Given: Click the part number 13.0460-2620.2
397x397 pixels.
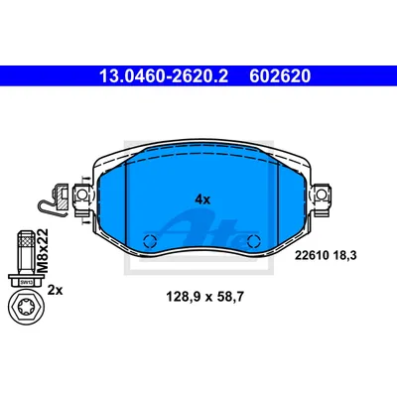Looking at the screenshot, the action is coord(164,76).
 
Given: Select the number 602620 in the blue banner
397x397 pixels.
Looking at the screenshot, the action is coord(280,76).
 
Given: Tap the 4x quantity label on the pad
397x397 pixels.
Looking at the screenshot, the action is coord(202,199).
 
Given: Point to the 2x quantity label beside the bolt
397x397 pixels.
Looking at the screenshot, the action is coord(55,290).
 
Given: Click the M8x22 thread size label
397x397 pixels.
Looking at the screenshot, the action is coord(42,250).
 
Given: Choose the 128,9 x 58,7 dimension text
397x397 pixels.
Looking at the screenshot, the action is coord(204,297).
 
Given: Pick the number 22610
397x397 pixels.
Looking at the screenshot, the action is coord(311,255).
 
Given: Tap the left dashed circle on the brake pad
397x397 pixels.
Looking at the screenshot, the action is coord(150,240).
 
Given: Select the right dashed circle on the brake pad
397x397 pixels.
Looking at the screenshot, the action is coord(254,240).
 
